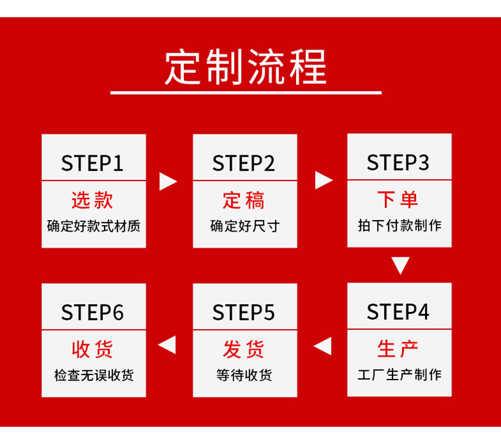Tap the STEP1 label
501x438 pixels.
pos(93,164)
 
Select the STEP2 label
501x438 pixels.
pos(244,164)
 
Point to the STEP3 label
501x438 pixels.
pos(398,163)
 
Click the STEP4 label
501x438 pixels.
pos(398,312)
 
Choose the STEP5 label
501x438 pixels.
pos(244,312)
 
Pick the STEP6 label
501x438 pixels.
pos(93,312)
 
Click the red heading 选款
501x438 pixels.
pos(93,201)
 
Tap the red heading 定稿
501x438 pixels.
pos(244,201)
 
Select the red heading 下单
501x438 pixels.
pos(398,200)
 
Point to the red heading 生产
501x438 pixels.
pos(398,349)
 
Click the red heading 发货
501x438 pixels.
pos(244,349)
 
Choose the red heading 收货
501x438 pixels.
pos(93,349)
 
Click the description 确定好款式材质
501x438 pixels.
pos(93,226)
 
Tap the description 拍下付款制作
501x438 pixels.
pos(399,225)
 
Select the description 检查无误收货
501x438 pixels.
pos(93,375)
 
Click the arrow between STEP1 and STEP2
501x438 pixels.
pos(168,182)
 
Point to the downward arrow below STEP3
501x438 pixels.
pos(400,266)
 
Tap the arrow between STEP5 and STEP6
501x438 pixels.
pos(167,345)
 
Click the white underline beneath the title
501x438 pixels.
pos(246,93)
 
